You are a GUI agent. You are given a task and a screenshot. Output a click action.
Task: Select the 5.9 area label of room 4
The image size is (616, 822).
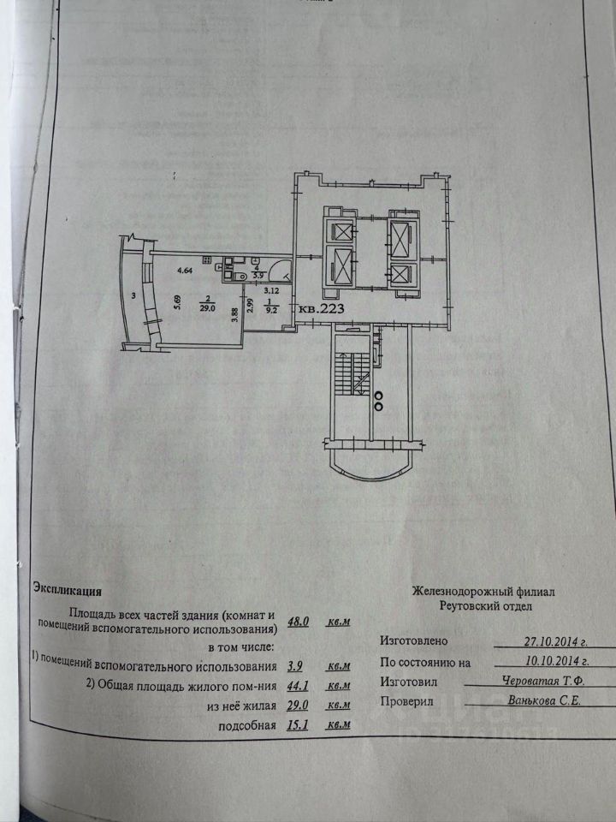[x=248, y=277]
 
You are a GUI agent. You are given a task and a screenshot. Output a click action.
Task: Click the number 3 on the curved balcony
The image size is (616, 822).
[x=134, y=295]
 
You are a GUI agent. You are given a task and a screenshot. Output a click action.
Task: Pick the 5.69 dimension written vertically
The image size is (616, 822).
[x=176, y=303]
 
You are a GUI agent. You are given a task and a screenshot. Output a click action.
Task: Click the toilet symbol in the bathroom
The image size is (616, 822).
[x=242, y=276]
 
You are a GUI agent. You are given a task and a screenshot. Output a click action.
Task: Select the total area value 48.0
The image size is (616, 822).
[x=299, y=623]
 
